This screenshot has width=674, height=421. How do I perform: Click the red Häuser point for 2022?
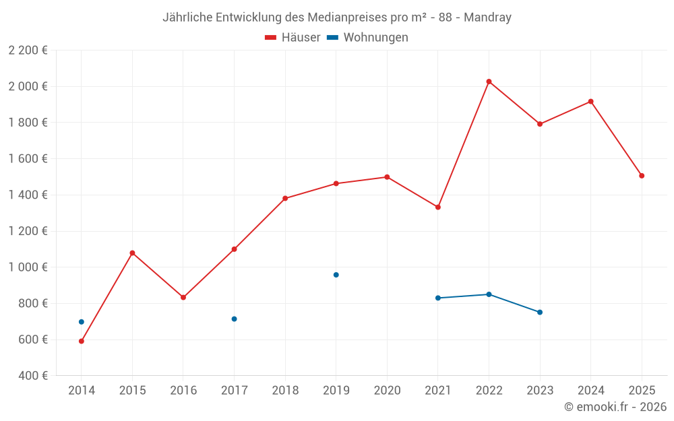pyautogui.click(x=489, y=82)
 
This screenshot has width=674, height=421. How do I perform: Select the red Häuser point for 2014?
pyautogui.click(x=82, y=341)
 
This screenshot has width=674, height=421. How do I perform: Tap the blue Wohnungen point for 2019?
pyautogui.click(x=336, y=275)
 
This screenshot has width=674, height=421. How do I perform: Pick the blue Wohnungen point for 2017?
pyautogui.click(x=234, y=319)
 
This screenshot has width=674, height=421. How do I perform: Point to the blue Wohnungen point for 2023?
pyautogui.click(x=540, y=312)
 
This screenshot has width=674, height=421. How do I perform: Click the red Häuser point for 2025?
pyautogui.click(x=642, y=176)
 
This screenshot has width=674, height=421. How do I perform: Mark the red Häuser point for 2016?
pyautogui.click(x=183, y=297)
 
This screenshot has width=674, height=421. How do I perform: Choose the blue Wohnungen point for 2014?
pyautogui.click(x=82, y=322)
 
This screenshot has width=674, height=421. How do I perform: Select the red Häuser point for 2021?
pyautogui.click(x=438, y=207)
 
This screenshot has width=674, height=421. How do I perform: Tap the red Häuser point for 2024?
pyautogui.click(x=590, y=102)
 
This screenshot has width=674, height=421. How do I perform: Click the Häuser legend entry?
pyautogui.click(x=293, y=38)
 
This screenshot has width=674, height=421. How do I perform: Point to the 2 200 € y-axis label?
pyautogui.click(x=28, y=51)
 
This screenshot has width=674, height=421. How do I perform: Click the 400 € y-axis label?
pyautogui.click(x=32, y=376)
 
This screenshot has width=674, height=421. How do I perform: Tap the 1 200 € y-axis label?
pyautogui.click(x=28, y=231)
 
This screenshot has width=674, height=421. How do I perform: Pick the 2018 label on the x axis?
pyautogui.click(x=285, y=391)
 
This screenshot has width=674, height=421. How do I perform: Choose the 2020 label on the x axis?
pyautogui.click(x=387, y=391)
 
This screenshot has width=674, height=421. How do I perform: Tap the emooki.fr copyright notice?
pyautogui.click(x=615, y=407)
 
